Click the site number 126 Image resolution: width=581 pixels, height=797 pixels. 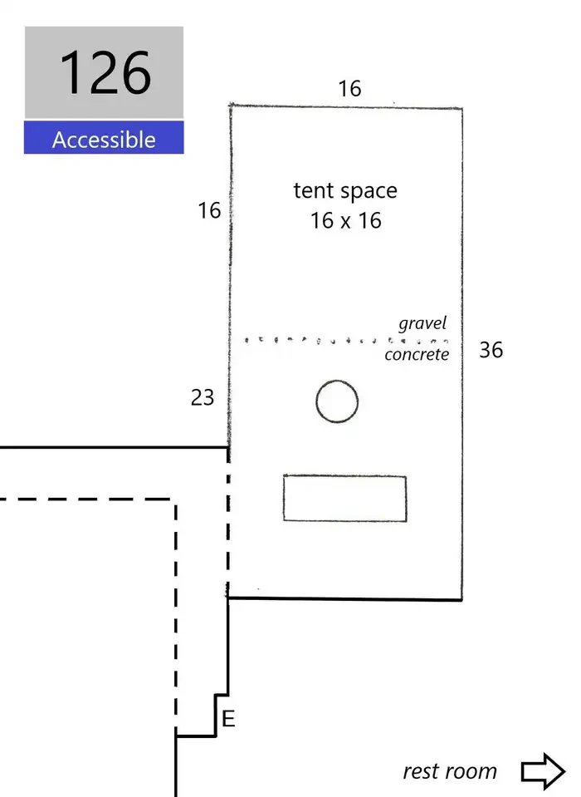coord(105,72)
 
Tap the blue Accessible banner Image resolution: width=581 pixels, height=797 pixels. coord(104,137)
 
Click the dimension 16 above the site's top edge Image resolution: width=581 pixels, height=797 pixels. coord(349,88)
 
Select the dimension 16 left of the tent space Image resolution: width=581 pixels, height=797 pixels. coord(209,210)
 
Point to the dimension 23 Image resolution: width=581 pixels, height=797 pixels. coord(203,397)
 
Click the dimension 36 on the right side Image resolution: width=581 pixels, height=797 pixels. coord(491,350)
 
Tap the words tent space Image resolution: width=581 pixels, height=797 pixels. coord(345,191)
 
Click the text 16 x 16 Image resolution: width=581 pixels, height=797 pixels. coord(345,220)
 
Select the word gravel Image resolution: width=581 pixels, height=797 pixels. coord(422,323)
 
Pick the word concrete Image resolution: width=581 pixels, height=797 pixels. coord(417,354)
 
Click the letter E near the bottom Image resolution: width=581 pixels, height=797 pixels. coord(228,719)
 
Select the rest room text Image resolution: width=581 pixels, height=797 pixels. coord(450,771)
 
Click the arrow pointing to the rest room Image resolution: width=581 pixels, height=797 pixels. coord(543,771)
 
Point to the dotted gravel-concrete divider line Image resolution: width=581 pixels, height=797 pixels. coord(346,340)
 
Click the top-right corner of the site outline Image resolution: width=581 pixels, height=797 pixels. coord(461,108)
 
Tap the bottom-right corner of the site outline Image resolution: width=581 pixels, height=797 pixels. coord(461,600)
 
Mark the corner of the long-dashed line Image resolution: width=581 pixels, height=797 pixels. coord(176,499)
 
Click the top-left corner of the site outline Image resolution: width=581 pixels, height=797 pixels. coord(231,106)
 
